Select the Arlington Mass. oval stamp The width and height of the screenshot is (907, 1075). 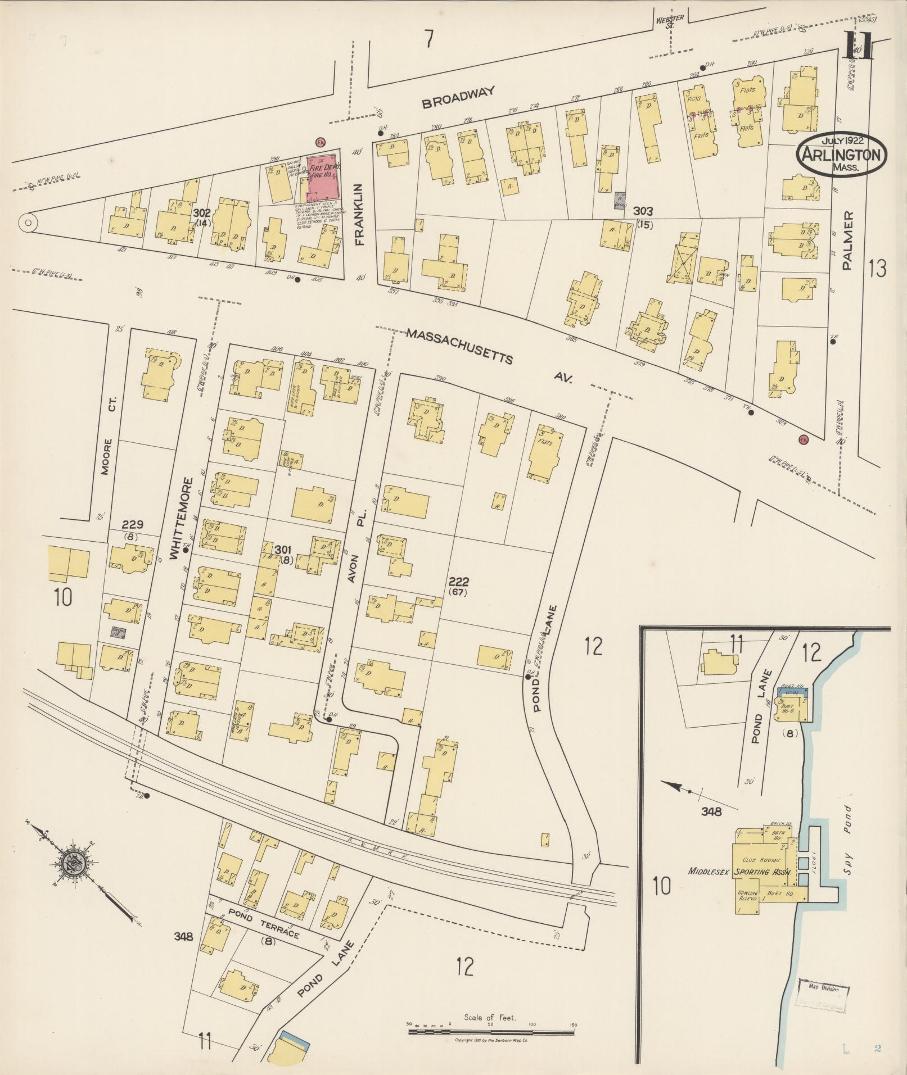click(841, 154)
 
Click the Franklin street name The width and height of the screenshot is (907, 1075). click(360, 216)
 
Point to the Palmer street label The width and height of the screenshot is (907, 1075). click(849, 241)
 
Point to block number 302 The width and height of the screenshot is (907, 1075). click(201, 213)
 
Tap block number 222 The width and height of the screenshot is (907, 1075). click(459, 582)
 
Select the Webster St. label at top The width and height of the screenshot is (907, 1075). click(669, 21)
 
